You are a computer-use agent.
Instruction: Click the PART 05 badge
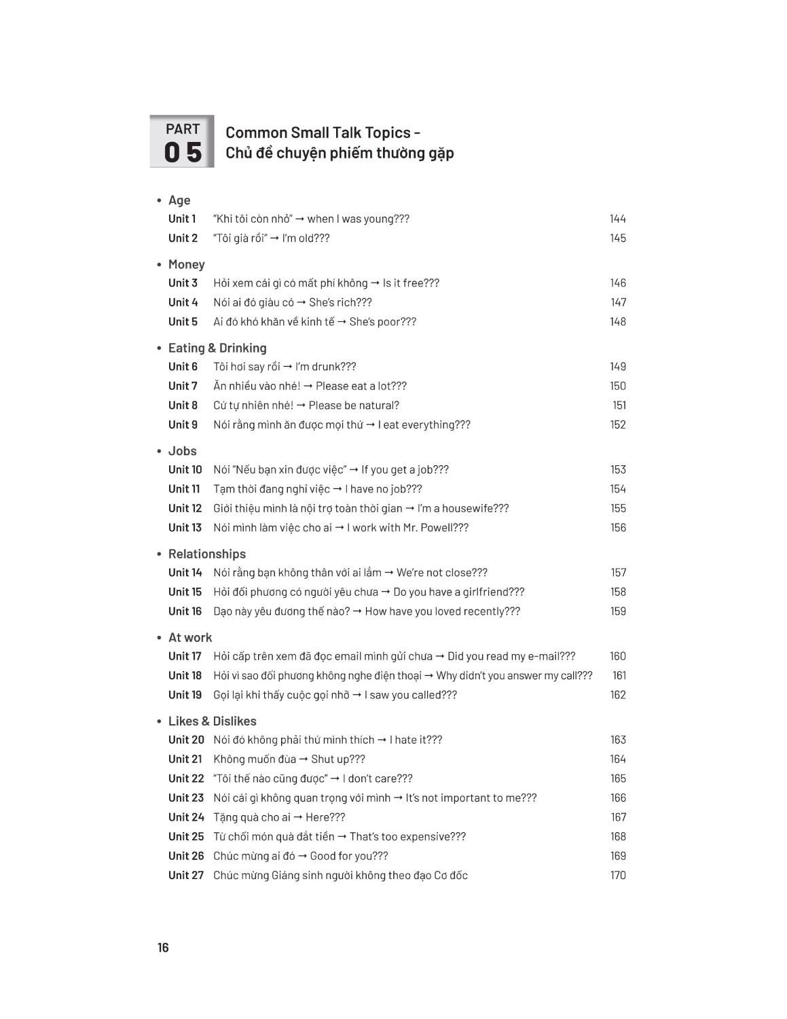182,141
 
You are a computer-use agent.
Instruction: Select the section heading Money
186,264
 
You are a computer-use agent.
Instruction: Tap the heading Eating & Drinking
217,348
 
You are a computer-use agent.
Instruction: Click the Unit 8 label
183,406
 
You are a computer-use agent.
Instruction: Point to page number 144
617,219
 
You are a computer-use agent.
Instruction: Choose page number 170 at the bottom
617,875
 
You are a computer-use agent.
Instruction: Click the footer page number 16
163,948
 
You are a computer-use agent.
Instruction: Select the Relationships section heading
207,554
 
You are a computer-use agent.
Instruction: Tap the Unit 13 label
185,528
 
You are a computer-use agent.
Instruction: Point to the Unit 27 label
185,875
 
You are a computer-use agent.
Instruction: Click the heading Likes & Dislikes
212,721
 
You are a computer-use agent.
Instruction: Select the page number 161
619,675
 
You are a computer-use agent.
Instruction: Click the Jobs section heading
182,451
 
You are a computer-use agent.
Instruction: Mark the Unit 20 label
186,740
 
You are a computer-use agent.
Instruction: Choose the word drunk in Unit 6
326,367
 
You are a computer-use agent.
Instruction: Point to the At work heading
190,637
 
